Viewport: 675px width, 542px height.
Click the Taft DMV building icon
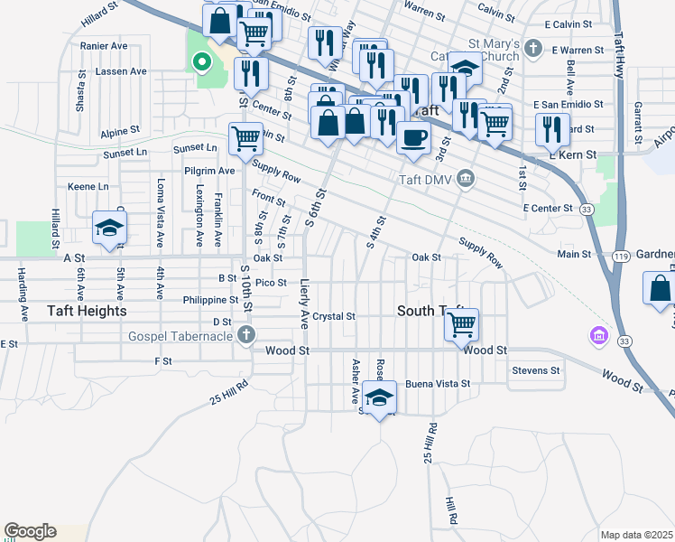coord(466,178)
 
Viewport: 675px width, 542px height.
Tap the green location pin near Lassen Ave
coord(202,62)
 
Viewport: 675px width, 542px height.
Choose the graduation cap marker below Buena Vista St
coord(380,397)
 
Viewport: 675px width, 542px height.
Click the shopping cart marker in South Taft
coord(462,323)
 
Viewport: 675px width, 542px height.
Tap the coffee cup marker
coord(413,138)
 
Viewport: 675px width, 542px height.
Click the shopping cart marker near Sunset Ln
coord(245,138)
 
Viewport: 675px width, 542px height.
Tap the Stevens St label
coord(536,370)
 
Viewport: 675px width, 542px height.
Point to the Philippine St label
coord(203,300)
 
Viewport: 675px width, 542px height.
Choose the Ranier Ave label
coord(104,45)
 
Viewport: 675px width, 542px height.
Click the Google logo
coord(30,531)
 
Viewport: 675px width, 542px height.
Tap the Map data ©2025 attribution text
coord(637,535)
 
